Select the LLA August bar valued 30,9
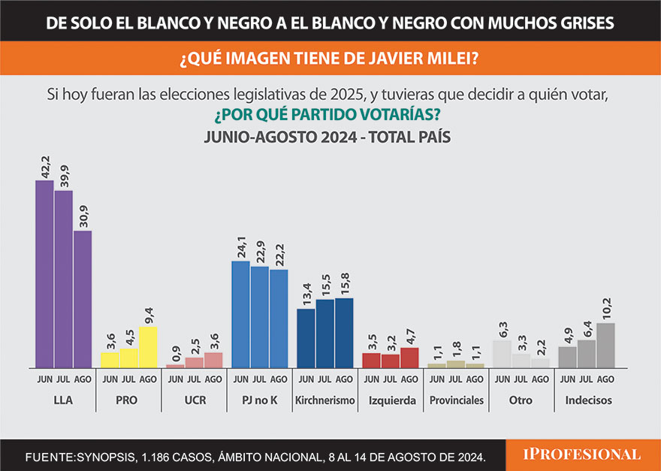click(83, 299)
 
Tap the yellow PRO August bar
click(148, 347)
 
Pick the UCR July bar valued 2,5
click(195, 362)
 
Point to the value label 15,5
click(325, 285)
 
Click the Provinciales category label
click(457, 400)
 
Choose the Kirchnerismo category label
click(325, 400)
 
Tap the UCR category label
click(195, 400)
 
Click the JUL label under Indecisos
click(587, 379)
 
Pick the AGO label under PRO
click(148, 379)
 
